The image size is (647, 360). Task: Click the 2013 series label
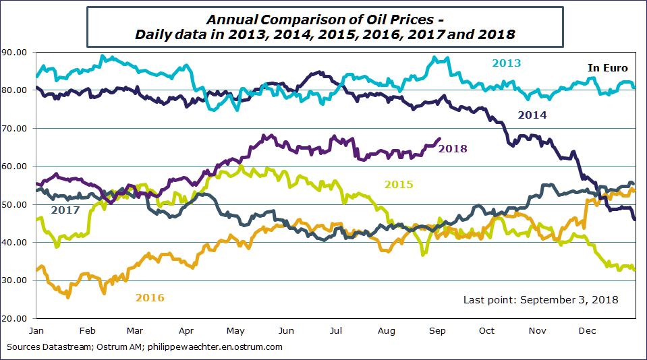pyautogui.click(x=506, y=63)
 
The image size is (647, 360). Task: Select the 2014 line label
pyautogui.click(x=532, y=115)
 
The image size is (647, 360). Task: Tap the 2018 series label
pyautogui.click(x=453, y=149)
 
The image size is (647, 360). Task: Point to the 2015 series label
pyautogui.click(x=399, y=185)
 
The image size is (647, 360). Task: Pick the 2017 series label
pyautogui.click(x=65, y=210)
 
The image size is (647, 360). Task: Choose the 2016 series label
pyautogui.click(x=150, y=297)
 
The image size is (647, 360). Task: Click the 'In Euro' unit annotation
pyautogui.click(x=607, y=68)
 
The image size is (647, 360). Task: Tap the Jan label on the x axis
pyautogui.click(x=36, y=331)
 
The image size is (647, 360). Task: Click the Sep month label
pyautogui.click(x=437, y=331)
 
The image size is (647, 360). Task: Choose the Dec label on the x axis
pyautogui.click(x=586, y=331)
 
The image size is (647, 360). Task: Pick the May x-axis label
pyautogui.click(x=235, y=331)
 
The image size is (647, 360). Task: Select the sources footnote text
pyautogui.click(x=144, y=347)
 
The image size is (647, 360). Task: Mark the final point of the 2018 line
pyautogui.click(x=441, y=139)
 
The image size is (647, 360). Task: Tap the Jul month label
pyautogui.click(x=336, y=331)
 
